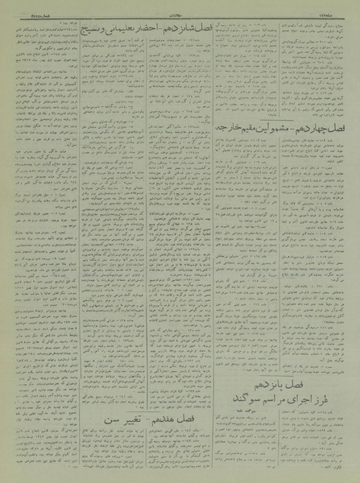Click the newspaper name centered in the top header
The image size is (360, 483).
point(180,6)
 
